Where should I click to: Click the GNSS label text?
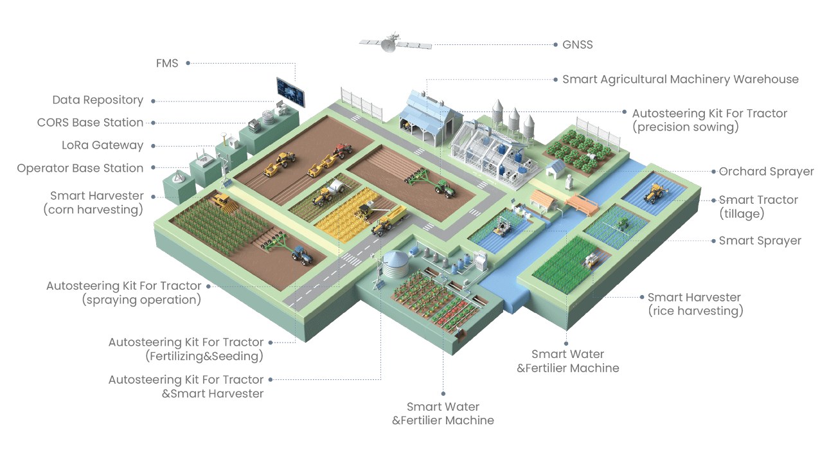click(577, 45)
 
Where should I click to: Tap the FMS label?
click(166, 63)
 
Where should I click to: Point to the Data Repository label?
click(98, 100)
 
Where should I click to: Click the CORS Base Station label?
click(90, 122)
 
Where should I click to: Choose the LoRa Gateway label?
click(102, 145)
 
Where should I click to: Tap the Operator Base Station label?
click(80, 168)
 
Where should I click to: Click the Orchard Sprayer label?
click(766, 172)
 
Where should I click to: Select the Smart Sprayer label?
click(760, 240)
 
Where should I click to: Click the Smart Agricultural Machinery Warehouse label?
click(681, 79)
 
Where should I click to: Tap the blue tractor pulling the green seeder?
click(301, 255)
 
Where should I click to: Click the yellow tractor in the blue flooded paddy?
click(655, 191)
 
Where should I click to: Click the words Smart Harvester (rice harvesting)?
click(694, 304)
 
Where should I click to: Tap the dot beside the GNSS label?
click(555, 45)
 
